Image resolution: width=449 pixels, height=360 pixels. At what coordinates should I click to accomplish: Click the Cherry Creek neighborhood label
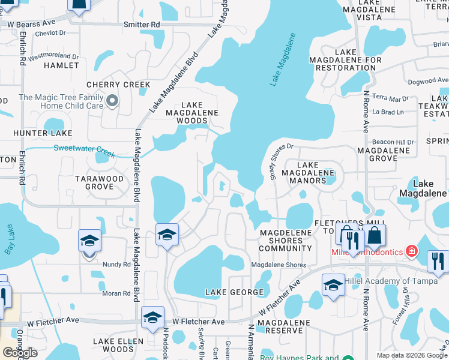(118, 85)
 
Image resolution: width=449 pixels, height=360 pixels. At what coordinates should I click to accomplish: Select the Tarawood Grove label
(99, 182)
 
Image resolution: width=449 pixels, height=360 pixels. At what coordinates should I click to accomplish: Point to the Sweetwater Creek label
(84, 151)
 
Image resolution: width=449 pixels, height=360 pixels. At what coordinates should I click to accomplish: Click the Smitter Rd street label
(142, 25)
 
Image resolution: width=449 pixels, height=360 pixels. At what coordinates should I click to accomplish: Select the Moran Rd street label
(116, 293)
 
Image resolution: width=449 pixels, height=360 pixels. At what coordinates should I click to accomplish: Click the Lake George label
(235, 292)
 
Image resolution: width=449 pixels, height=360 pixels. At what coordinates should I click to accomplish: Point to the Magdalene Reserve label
(283, 326)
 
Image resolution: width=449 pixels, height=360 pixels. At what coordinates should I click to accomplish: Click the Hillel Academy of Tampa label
(386, 281)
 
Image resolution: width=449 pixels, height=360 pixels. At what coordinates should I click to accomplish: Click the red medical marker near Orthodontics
(412, 251)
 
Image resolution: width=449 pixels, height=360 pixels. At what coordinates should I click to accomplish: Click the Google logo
(20, 353)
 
